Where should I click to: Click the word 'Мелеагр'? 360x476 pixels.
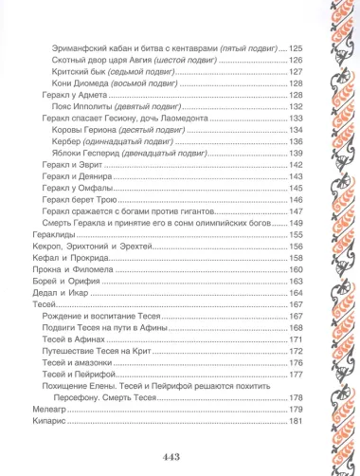tap(43, 409)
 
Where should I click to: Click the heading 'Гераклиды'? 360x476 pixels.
tap(45, 233)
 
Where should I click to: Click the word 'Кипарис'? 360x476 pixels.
tap(43, 420)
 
